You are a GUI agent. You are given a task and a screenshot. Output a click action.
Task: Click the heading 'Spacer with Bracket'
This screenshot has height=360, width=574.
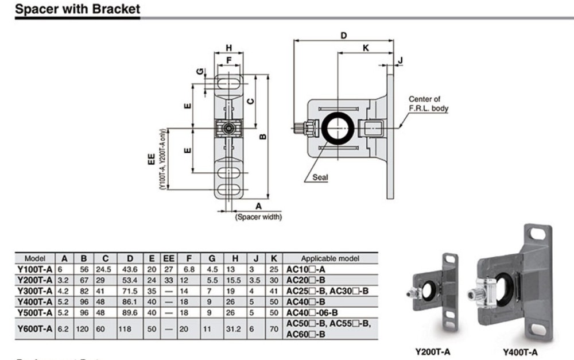77,10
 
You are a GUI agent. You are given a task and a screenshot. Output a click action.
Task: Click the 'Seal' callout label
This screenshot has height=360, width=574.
320,177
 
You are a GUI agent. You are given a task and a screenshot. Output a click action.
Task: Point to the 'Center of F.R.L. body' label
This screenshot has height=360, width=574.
428,104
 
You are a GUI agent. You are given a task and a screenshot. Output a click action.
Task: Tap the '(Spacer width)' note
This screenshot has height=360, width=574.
258,217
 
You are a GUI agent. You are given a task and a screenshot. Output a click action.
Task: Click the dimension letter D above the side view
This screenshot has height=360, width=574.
343,36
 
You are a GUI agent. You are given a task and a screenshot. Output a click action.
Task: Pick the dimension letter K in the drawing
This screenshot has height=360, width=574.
366,49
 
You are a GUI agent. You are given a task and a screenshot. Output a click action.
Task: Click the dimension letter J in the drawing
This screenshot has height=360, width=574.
401,60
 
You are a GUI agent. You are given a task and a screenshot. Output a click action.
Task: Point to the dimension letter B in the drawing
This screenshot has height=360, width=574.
262,136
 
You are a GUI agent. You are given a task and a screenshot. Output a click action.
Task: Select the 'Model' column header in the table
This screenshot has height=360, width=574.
35,259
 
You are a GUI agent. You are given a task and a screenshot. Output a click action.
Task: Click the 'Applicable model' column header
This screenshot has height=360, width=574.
330,259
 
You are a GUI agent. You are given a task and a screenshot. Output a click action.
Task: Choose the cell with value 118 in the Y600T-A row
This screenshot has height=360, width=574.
125,329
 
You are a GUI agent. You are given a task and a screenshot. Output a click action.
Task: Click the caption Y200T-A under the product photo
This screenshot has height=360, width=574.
432,351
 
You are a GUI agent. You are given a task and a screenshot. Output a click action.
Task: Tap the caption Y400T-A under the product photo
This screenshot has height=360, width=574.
520,351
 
